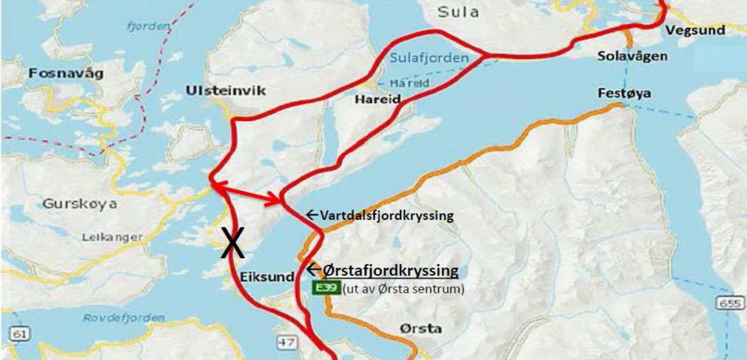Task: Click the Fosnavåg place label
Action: pos(66,74)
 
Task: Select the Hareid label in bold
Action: pos(377,99)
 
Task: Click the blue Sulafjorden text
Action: pos(429,58)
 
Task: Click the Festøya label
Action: pos(625,93)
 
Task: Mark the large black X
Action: pos(233,242)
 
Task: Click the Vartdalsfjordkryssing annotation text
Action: pos(387,216)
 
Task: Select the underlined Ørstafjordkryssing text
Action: pos(391,271)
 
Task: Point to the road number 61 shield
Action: pos(18,334)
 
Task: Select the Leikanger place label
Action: pos(112,237)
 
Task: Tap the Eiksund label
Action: pos(267,277)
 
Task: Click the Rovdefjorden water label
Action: pos(124,318)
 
